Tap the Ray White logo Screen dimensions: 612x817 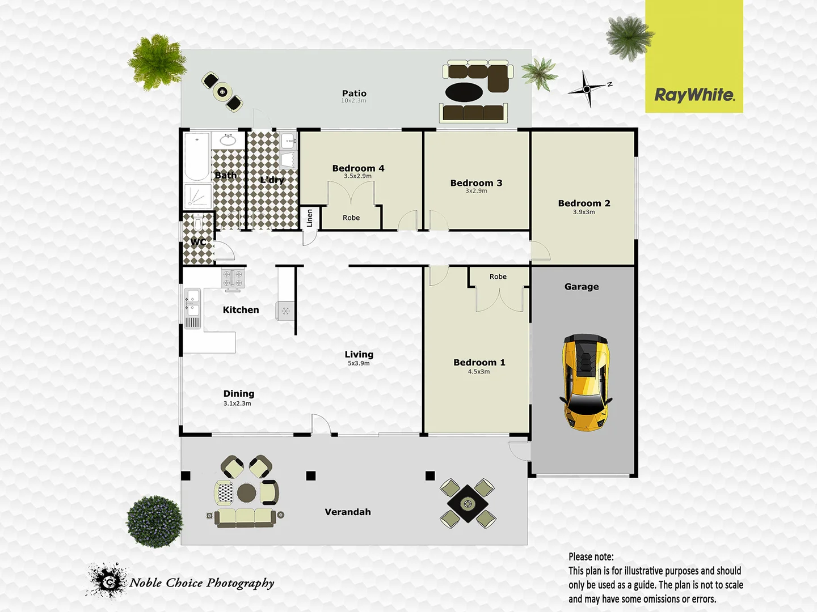tap(694, 95)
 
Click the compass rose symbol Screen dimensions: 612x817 tap(587, 89)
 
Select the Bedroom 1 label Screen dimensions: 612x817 tap(479, 362)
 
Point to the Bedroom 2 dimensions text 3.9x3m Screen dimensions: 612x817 tap(584, 212)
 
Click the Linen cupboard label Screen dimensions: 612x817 tap(310, 218)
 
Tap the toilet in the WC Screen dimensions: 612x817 tap(198, 223)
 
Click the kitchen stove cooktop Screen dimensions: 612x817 tap(233, 278)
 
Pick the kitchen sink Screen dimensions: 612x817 tap(192, 301)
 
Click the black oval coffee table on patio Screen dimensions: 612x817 tap(464, 91)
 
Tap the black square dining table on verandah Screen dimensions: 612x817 tap(467, 503)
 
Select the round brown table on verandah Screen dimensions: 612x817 tap(247, 493)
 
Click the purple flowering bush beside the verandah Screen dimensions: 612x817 tap(154, 521)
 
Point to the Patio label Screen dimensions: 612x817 tap(354, 93)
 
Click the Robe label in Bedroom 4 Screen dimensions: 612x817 tap(351, 218)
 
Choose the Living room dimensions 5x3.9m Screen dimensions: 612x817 tap(359, 363)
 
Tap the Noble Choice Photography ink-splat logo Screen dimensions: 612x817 tap(107, 580)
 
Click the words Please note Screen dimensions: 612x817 tap(591, 556)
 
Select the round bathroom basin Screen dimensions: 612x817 tap(228, 139)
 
